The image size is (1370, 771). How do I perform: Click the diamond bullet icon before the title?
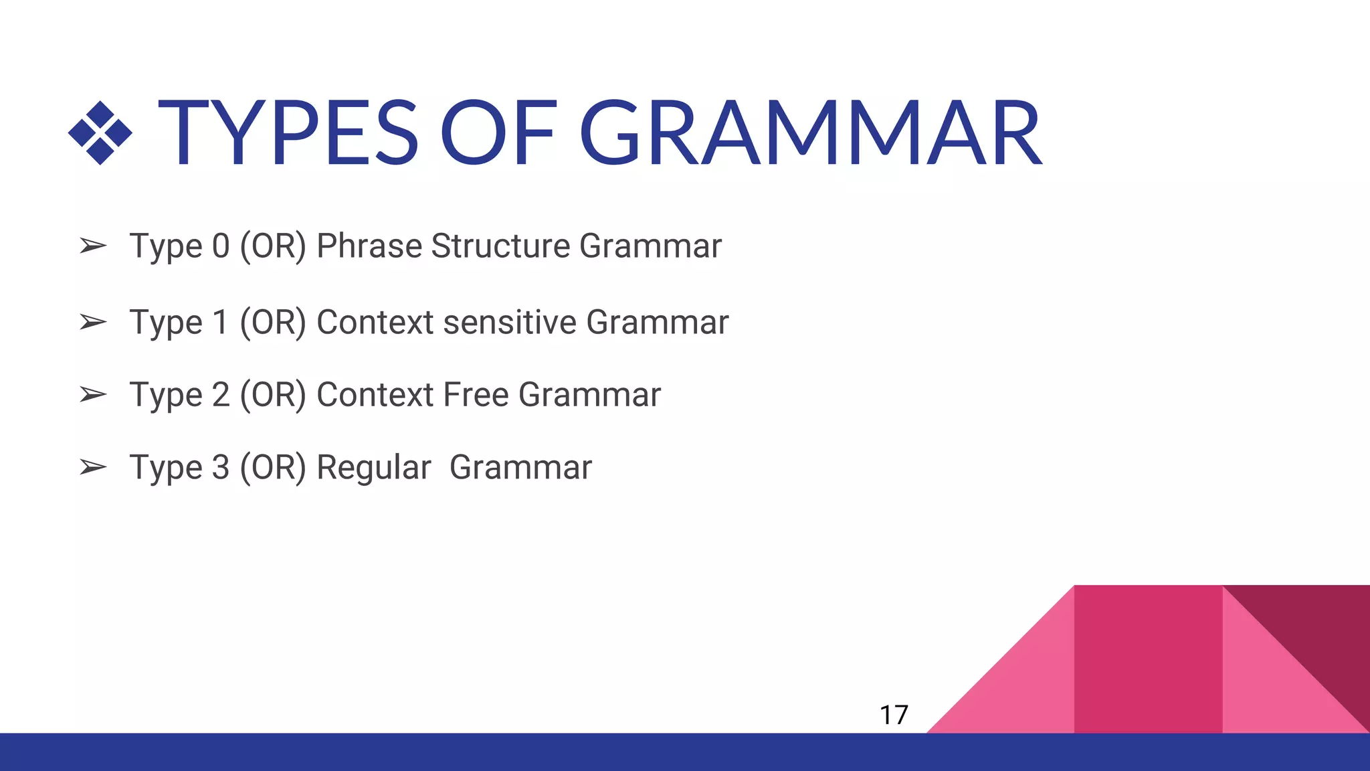coord(100,133)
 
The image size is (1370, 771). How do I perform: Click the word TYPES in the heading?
coord(288,133)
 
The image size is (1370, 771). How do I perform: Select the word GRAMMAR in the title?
coord(809,133)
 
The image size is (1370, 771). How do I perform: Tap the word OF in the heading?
coord(498,133)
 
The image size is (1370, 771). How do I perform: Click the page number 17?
coord(894,715)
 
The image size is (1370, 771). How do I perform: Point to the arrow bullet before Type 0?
coord(93,246)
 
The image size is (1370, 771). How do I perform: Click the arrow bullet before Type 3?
coord(93,466)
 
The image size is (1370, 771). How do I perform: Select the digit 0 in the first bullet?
coord(221,246)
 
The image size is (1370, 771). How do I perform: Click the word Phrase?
coord(369,246)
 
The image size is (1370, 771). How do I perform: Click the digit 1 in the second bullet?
coord(221,323)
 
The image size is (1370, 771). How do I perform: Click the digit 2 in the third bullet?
coord(221,395)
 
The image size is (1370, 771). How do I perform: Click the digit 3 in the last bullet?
coord(221,467)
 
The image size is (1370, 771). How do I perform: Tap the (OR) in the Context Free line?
coord(273,395)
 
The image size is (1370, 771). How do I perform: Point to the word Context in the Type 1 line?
coord(375,323)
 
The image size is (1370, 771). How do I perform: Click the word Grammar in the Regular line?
coord(520,467)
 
